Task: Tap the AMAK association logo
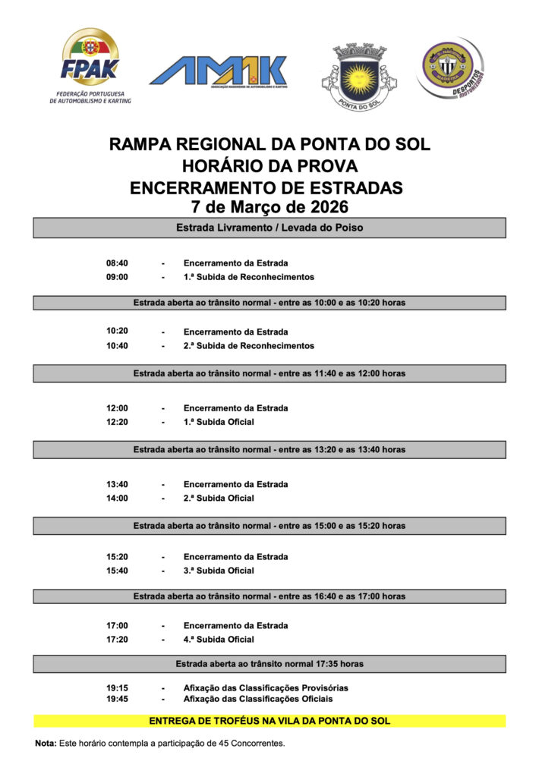[218, 71]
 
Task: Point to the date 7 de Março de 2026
[269, 206]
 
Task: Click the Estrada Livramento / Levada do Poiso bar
[269, 228]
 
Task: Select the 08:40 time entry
[117, 263]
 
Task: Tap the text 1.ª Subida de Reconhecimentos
[248, 277]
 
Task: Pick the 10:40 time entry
[117, 346]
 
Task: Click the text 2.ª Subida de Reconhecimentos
[248, 346]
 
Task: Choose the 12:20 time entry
[117, 422]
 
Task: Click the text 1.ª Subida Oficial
[219, 422]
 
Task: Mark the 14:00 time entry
[117, 499]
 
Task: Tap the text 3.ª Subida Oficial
[219, 571]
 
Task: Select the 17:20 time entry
[117, 640]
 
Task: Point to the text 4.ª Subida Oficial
[219, 640]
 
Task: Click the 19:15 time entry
[117, 688]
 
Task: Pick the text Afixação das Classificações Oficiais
[257, 699]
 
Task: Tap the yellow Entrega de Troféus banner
[269, 721]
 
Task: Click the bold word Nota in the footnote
[46, 743]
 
